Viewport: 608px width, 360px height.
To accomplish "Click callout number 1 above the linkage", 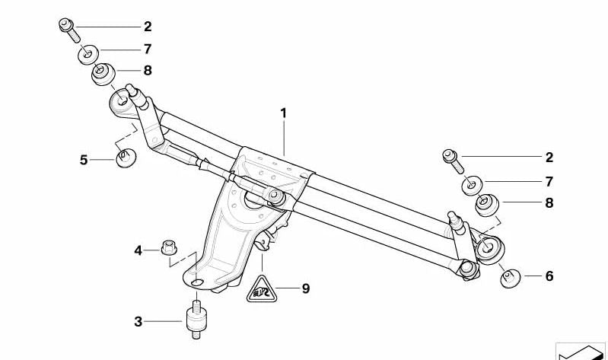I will pos(283,113).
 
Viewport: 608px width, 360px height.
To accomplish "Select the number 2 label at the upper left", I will pos(148,27).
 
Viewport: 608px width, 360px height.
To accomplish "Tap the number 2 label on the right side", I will pos(549,158).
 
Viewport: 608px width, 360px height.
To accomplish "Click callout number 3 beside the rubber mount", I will pos(138,322).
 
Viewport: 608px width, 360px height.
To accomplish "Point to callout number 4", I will pos(138,250).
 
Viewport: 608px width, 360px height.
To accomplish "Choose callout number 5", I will pos(84,160).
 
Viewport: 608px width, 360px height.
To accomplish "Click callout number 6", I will pos(549,276).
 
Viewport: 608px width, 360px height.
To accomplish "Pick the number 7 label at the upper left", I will pos(148,49).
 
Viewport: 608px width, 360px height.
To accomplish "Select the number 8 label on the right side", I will pos(549,203).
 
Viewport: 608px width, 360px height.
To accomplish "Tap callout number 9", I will pos(305,288).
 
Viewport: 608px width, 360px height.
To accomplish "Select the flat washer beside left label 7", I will pos(89,53).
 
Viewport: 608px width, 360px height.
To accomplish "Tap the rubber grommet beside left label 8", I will pos(103,74).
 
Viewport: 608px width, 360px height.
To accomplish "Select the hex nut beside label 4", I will pos(169,247).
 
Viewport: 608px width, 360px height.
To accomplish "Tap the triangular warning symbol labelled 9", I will pos(261,290).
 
